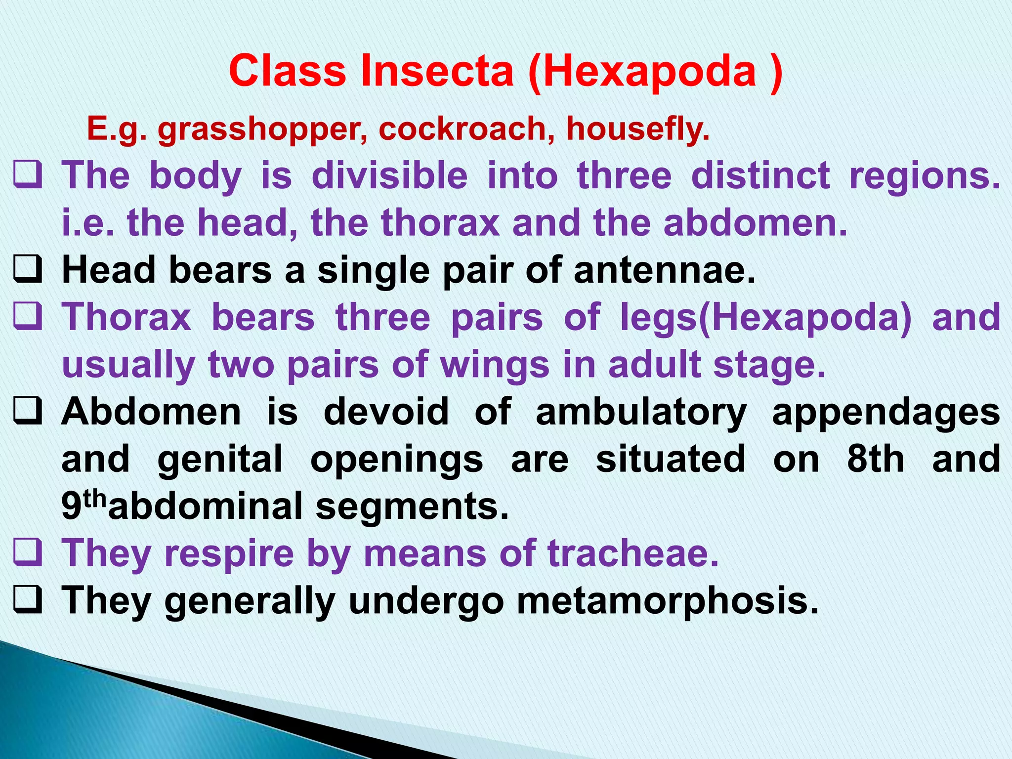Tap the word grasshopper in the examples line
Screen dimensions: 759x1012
[262, 129]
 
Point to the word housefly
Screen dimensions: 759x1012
[638, 129]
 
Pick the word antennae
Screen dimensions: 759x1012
[665, 270]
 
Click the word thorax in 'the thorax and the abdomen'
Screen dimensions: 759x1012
[440, 223]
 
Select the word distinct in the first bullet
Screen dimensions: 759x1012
[760, 176]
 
